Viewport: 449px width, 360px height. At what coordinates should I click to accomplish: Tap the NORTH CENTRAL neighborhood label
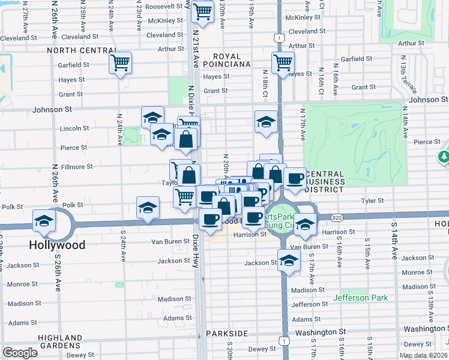pos(82,50)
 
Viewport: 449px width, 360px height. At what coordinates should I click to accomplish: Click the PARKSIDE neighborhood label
pos(227,333)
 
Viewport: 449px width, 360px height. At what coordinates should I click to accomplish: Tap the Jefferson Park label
pos(361,298)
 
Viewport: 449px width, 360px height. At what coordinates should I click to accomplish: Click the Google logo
pos(20,352)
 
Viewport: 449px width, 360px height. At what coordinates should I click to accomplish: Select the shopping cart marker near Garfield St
pos(121,62)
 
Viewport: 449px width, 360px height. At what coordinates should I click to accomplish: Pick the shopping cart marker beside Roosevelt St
pos(202,10)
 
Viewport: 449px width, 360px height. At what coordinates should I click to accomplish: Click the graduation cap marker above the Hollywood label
pos(44,221)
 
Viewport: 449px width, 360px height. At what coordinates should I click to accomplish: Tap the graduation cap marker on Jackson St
pos(289,260)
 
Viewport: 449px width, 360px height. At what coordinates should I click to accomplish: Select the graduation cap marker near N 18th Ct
pos(265,122)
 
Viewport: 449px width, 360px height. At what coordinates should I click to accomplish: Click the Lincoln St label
pos(75,128)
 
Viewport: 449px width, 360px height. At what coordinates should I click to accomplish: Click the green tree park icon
pos(444,157)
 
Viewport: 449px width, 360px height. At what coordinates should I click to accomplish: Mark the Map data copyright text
pos(423,355)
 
